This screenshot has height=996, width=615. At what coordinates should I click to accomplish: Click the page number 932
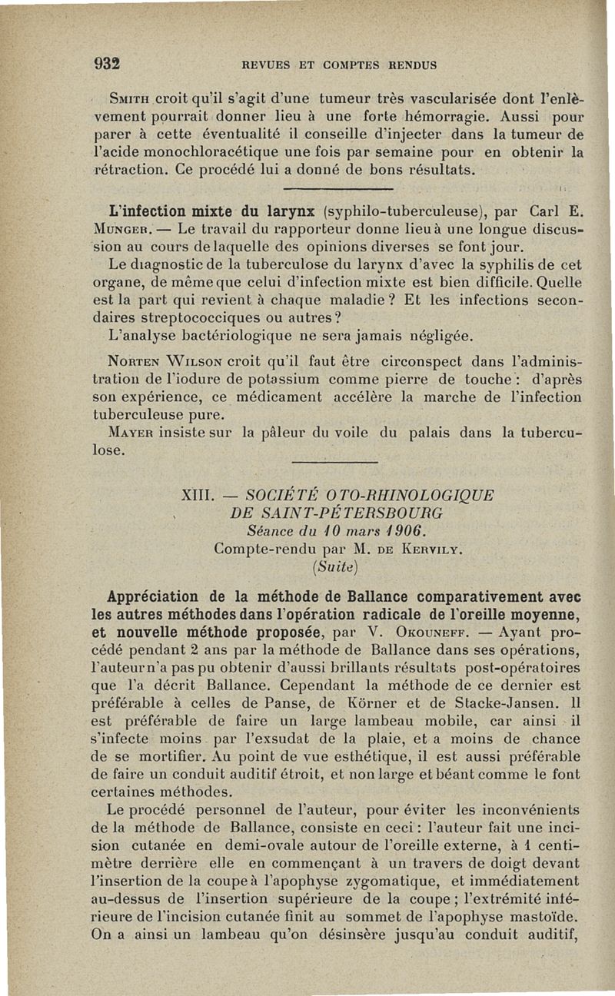(x=110, y=64)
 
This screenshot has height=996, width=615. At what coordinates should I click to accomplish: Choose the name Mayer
(x=132, y=433)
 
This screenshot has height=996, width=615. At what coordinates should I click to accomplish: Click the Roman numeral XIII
(x=195, y=494)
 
